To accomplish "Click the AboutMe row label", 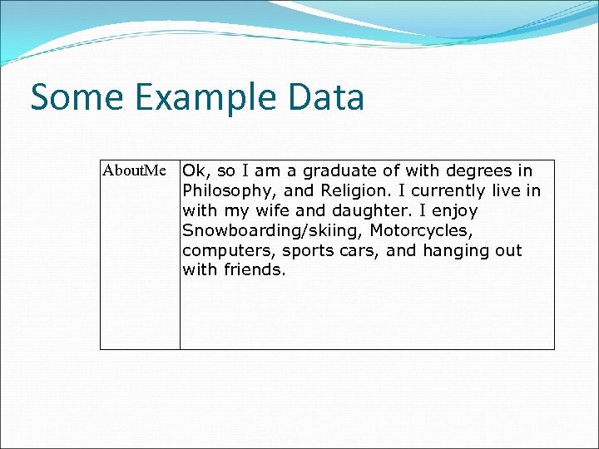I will [134, 171].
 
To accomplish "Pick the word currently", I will [445, 191].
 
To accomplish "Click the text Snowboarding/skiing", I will [271, 230].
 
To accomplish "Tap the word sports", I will [309, 250].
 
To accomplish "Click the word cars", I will [359, 250].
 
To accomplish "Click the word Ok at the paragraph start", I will [195, 171].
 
